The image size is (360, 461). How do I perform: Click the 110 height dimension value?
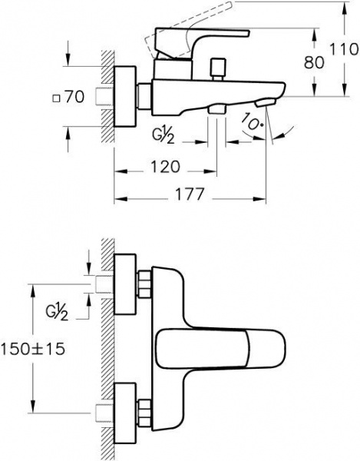coord(345,49)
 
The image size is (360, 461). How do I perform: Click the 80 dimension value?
coord(314,62)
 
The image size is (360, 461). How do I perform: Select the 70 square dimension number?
coord(74,97)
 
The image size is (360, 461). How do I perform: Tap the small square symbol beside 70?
coord(56,98)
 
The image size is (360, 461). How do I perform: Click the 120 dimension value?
coord(165,167)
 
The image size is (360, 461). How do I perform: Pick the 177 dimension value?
coord(190,194)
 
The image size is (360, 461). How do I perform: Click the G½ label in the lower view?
coord(57,312)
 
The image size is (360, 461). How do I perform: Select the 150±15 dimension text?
coord(33,350)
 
